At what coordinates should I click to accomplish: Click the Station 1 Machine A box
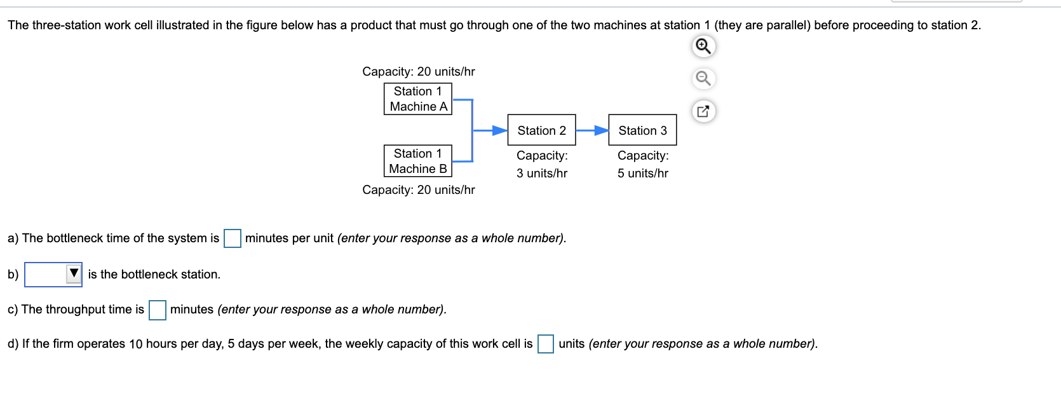click(417, 99)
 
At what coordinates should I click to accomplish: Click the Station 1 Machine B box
click(417, 161)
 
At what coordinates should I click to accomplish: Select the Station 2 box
click(541, 130)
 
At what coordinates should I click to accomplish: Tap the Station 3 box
click(642, 130)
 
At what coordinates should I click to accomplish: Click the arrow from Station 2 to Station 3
click(591, 130)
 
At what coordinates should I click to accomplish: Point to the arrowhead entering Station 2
click(501, 130)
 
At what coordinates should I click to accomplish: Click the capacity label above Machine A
click(419, 72)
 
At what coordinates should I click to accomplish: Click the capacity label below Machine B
click(419, 190)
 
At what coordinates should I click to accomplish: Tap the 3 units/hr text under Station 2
click(541, 173)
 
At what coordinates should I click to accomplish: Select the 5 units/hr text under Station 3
click(642, 173)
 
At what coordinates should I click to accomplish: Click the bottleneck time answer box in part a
click(232, 238)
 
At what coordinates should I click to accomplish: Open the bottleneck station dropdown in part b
click(53, 275)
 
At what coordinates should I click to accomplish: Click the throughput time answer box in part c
click(157, 310)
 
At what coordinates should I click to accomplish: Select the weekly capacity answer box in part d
click(545, 344)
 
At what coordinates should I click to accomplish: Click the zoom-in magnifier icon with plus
click(703, 46)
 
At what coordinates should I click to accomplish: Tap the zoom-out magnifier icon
click(703, 79)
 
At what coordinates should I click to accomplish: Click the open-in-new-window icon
click(703, 111)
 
